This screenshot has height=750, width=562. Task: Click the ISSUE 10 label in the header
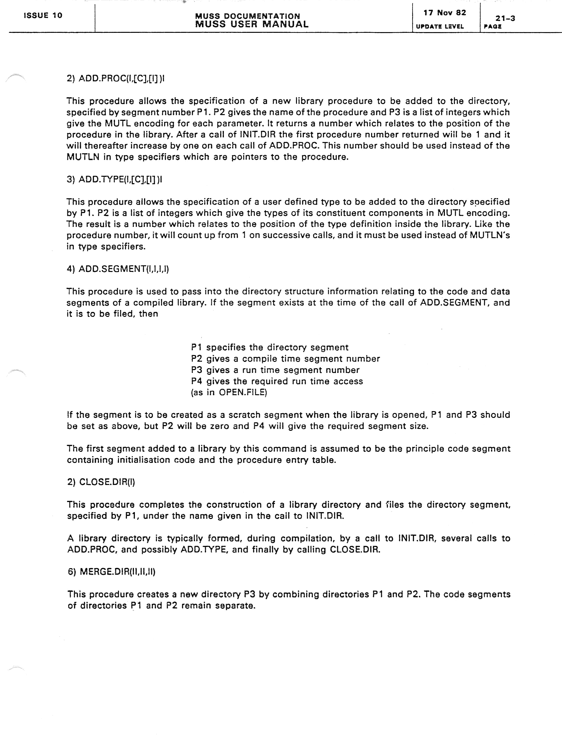43,15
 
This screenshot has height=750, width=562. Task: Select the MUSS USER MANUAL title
252,24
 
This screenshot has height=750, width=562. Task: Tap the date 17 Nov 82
444,13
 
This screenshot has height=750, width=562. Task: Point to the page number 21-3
505,18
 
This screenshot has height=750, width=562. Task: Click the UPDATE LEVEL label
439,26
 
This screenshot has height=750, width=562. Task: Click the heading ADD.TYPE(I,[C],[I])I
114,179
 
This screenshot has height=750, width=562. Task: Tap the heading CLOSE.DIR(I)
101,482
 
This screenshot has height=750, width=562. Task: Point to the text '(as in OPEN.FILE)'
229,392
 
